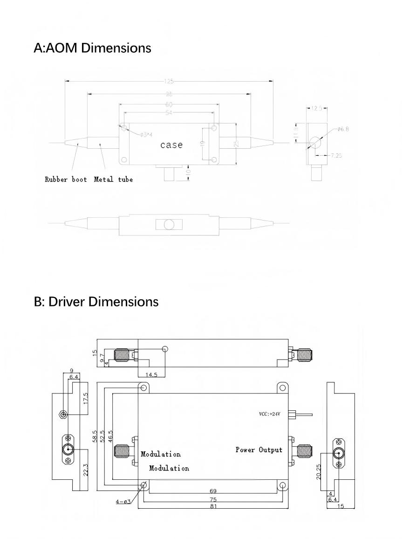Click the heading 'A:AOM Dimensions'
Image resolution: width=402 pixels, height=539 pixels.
pyautogui.click(x=92, y=48)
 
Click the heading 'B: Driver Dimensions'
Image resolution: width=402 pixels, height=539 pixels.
pyautogui.click(x=96, y=302)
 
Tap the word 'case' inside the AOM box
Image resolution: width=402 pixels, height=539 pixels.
pyautogui.click(x=171, y=145)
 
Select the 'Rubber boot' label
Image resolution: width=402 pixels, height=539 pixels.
pyautogui.click(x=66, y=180)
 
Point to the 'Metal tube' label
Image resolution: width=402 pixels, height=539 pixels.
pyautogui.click(x=113, y=180)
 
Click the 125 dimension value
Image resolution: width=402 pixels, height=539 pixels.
pyautogui.click(x=169, y=81)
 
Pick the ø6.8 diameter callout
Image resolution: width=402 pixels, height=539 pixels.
pyautogui.click(x=343, y=129)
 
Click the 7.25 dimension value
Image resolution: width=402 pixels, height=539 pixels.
pyautogui.click(x=335, y=155)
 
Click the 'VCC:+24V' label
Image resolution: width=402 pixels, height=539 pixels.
pyautogui.click(x=270, y=414)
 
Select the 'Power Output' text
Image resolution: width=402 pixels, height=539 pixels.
pyautogui.click(x=259, y=450)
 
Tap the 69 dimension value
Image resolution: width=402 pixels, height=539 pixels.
pyautogui.click(x=213, y=491)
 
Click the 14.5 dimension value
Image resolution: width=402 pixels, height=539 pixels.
pyautogui.click(x=152, y=374)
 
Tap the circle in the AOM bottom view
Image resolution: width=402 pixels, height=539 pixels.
pyautogui.click(x=169, y=225)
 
